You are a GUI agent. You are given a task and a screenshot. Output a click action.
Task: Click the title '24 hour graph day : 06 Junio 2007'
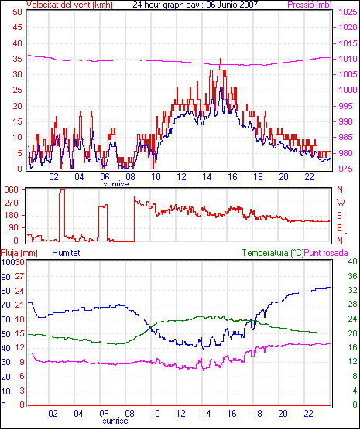click(195, 5)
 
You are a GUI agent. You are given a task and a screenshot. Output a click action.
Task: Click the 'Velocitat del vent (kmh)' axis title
click(70, 5)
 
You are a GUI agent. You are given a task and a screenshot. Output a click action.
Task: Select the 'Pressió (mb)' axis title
click(310, 5)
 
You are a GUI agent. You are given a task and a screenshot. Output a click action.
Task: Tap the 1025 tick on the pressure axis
click(348, 12)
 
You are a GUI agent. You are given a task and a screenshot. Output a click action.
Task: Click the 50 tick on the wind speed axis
click(17, 12)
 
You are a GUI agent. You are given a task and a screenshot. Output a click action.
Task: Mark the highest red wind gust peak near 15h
click(221, 59)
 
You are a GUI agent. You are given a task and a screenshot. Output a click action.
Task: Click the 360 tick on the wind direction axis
click(12, 189)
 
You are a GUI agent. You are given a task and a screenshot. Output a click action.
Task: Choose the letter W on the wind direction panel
click(341, 203)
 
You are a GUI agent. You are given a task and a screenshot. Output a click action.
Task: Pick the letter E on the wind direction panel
click(339, 228)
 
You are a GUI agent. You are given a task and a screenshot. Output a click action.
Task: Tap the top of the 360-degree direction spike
click(63, 189)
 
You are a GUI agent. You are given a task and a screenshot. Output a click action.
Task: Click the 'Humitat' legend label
click(66, 253)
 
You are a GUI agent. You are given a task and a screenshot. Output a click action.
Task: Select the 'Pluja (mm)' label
click(19, 253)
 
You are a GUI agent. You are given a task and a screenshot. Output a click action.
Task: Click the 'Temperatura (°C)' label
click(273, 253)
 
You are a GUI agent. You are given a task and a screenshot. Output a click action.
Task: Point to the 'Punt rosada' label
click(326, 253)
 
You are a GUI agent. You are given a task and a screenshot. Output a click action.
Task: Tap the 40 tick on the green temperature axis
click(352, 261)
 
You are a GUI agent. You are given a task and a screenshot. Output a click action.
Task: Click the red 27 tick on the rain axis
click(20, 276)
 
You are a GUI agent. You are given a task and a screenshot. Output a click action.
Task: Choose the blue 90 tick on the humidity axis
click(5, 277)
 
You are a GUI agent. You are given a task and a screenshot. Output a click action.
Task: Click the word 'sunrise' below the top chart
click(116, 184)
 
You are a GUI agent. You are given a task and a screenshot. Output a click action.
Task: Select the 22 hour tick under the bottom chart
click(309, 413)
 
